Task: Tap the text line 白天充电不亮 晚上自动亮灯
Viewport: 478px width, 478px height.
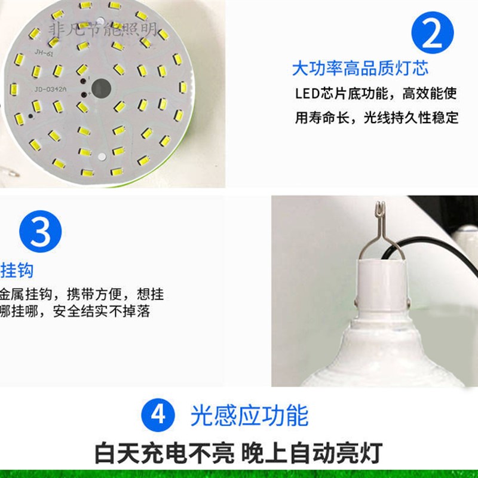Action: pos(238,452)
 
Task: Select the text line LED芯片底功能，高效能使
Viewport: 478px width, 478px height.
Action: pos(376,94)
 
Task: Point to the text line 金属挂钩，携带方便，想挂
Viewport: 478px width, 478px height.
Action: pos(82,295)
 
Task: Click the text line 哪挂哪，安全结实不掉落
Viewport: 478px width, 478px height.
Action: pos(75,311)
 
